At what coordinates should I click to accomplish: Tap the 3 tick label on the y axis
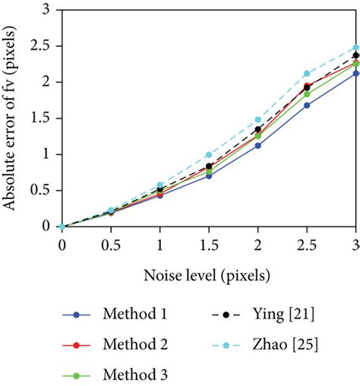tap(49, 11)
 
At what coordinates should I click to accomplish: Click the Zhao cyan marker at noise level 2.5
tap(307, 74)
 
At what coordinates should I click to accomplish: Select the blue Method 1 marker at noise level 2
tap(258, 145)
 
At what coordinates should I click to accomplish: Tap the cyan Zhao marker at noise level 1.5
tap(209, 154)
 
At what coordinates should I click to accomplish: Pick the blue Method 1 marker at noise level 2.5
tap(307, 105)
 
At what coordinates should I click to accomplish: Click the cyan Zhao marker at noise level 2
tap(258, 119)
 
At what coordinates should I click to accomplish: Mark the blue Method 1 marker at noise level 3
tap(355, 74)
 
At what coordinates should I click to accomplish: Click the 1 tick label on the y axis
tap(49, 154)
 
